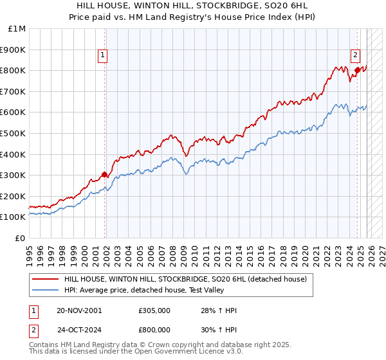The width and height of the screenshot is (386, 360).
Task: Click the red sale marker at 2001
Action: pos(104,174)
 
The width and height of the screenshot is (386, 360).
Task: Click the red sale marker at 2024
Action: pos(357,69)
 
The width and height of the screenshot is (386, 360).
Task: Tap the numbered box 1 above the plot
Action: pos(103,56)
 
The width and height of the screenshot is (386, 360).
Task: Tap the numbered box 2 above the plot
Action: pos(355,56)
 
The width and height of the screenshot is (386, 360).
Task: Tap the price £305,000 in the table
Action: pos(154,310)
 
